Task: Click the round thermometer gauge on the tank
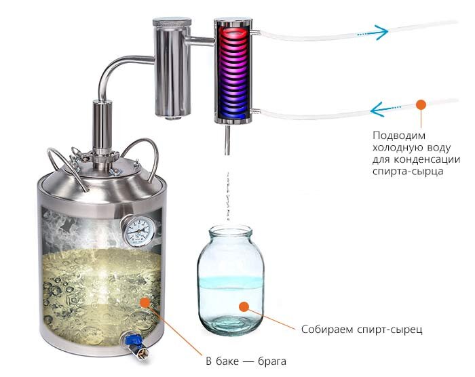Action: tap(138, 231)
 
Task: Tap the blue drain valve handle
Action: tap(133, 340)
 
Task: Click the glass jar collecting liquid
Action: tap(231, 280)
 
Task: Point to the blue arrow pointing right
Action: tap(373, 33)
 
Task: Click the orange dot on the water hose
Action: tap(421, 104)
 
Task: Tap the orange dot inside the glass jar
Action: tap(244, 306)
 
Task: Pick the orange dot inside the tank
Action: tap(145, 302)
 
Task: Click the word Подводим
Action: tap(399, 136)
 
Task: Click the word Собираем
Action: tap(327, 329)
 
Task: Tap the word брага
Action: tap(271, 361)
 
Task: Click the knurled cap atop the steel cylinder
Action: tap(172, 22)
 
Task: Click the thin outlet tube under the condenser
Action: tap(227, 140)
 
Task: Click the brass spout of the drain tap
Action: tap(142, 353)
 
